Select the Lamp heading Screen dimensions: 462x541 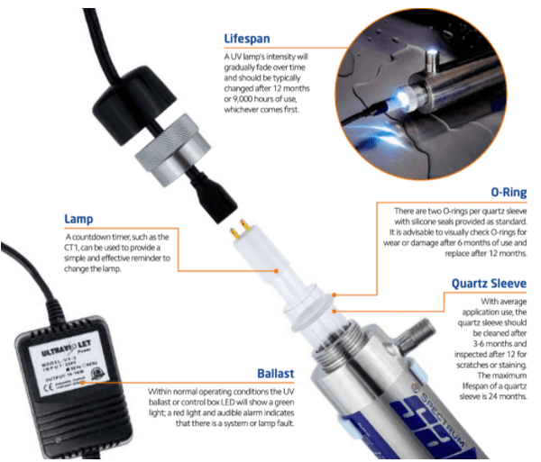click(81, 218)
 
